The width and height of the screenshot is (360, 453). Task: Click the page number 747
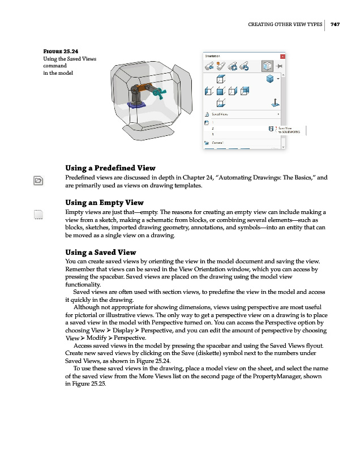click(335, 24)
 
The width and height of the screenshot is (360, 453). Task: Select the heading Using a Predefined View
click(110, 168)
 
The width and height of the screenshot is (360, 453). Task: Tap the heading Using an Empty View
click(104, 202)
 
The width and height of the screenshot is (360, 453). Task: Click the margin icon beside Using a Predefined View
click(38, 180)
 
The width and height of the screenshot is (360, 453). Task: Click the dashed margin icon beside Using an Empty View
click(38, 214)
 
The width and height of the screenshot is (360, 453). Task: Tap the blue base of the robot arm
click(136, 104)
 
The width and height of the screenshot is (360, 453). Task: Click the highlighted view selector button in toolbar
click(266, 66)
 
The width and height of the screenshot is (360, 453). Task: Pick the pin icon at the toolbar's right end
click(278, 66)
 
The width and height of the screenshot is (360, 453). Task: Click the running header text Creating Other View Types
click(285, 24)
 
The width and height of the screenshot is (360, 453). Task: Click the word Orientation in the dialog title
click(211, 55)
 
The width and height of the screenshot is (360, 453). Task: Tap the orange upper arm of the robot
click(145, 87)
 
